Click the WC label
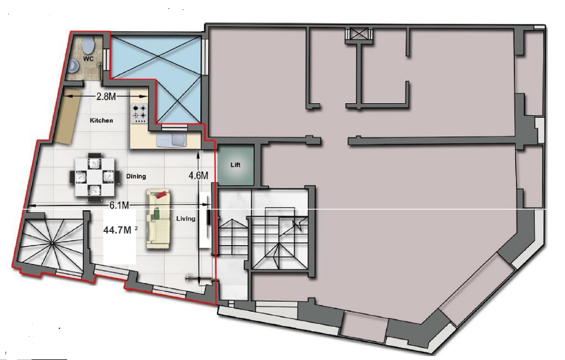pos(88,58)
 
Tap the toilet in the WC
pos(88,45)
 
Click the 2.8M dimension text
pos(106,97)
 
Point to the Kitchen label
pos(101,120)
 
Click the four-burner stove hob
pos(139,112)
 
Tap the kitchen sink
pos(172,139)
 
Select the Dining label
pos(136,176)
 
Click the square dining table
pos(94,177)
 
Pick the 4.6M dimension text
pos(199,175)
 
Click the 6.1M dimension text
pos(119,205)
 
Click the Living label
pos(185,219)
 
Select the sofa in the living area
pos(159,219)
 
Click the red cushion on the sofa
pos(161,195)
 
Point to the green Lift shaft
pos(236,165)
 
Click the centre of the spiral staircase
pos(53,244)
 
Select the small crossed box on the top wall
pos(359,34)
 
